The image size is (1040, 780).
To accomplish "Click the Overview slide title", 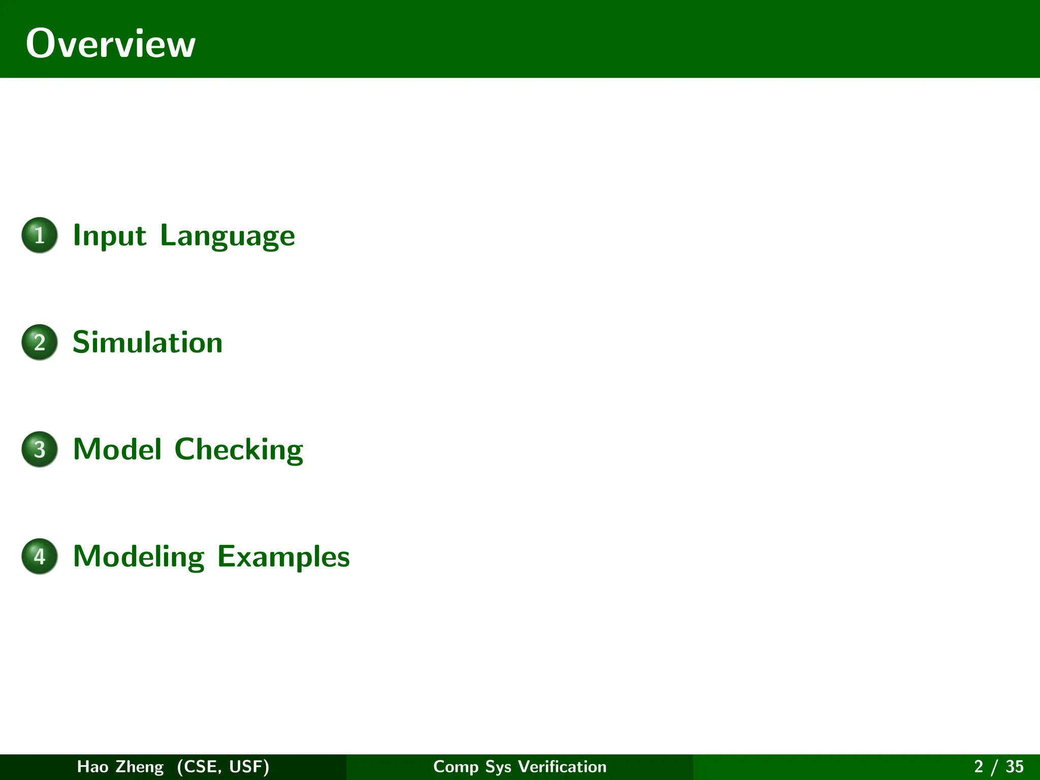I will pyautogui.click(x=110, y=44).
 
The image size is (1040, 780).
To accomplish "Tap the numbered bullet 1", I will pyautogui.click(x=40, y=235).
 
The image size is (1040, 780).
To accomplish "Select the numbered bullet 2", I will pyautogui.click(x=40, y=342).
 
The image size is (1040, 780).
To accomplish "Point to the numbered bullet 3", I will pyautogui.click(x=40, y=449).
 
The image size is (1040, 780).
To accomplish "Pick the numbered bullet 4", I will pyautogui.click(x=40, y=557).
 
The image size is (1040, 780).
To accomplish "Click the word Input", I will pyautogui.click(x=110, y=236).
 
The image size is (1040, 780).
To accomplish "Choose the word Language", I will pyautogui.click(x=227, y=236).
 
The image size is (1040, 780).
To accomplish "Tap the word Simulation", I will pyautogui.click(x=147, y=342).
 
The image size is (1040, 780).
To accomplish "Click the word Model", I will pyautogui.click(x=117, y=449).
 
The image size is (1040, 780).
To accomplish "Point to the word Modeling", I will pyautogui.click(x=139, y=557).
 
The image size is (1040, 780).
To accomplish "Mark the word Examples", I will pyautogui.click(x=283, y=557).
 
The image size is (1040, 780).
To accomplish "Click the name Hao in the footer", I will pyautogui.click(x=92, y=766).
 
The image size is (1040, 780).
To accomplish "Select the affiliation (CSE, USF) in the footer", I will pyautogui.click(x=223, y=766).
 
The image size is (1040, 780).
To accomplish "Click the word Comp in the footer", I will pyautogui.click(x=456, y=767).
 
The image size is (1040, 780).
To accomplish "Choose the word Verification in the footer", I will pyautogui.click(x=562, y=766).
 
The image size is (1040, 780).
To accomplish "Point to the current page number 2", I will pyautogui.click(x=979, y=766).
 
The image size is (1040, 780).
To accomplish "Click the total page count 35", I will pyautogui.click(x=1015, y=766).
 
